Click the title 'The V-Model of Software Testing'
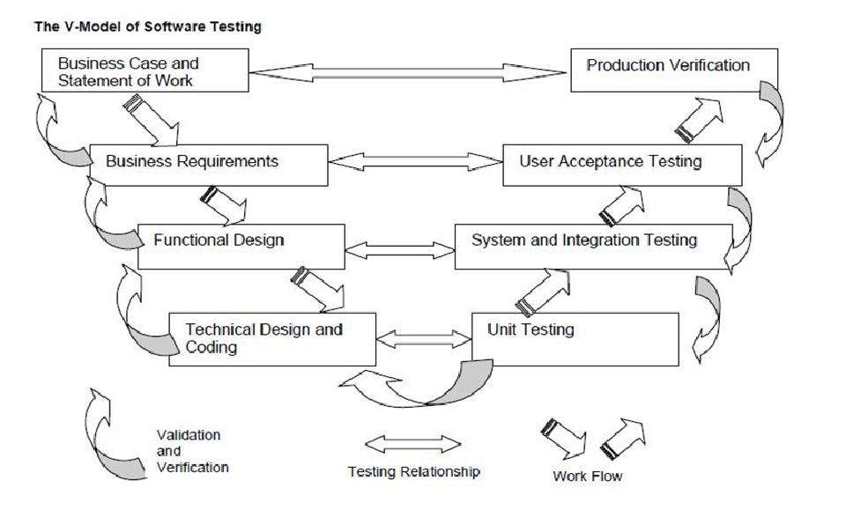tap(147, 26)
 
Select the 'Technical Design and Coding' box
tap(272, 338)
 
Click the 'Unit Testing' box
tap(575, 338)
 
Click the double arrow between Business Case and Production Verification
tap(409, 70)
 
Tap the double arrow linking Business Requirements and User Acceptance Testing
tap(414, 162)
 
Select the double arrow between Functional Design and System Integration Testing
tap(399, 248)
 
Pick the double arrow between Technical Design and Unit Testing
tap(424, 336)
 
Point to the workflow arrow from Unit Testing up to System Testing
tap(544, 290)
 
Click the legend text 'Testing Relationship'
tap(414, 472)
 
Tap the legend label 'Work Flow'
tap(587, 477)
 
